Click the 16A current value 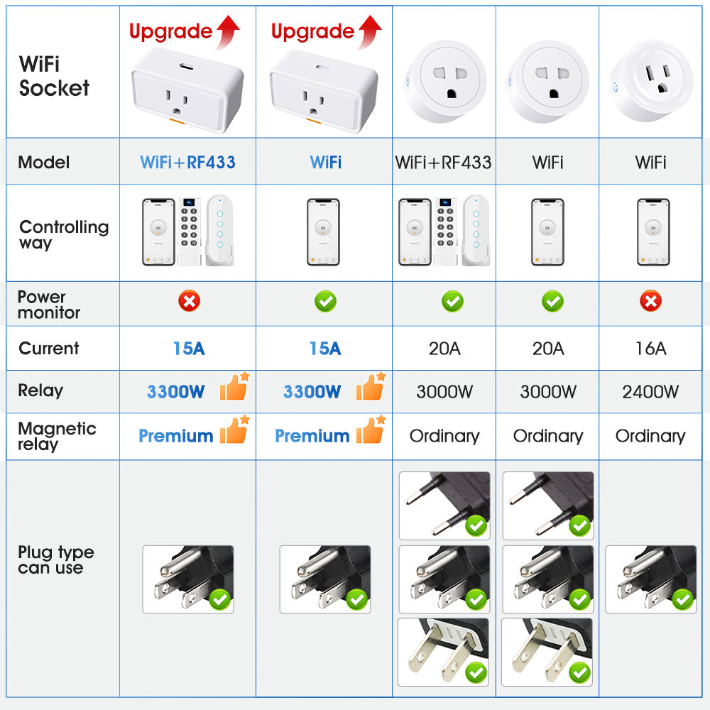pyautogui.click(x=650, y=348)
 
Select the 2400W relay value pyautogui.click(x=650, y=392)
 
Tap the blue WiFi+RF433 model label pyautogui.click(x=187, y=162)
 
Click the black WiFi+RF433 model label pyautogui.click(x=443, y=162)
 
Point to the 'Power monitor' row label pyautogui.click(x=49, y=305)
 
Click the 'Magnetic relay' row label pyautogui.click(x=57, y=436)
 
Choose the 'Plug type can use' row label pyautogui.click(x=55, y=559)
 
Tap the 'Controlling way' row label pyautogui.click(x=64, y=234)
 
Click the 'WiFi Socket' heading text pyautogui.click(x=54, y=76)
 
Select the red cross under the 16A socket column pyautogui.click(x=650, y=301)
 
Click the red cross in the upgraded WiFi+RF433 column pyautogui.click(x=190, y=301)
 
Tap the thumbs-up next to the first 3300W pyautogui.click(x=234, y=387)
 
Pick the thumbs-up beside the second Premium pyautogui.click(x=371, y=430)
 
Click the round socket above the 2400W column pyautogui.click(x=651, y=82)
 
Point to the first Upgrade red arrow pyautogui.click(x=228, y=32)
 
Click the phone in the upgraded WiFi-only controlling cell pyautogui.click(x=323, y=232)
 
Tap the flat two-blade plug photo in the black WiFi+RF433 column pyautogui.click(x=443, y=652)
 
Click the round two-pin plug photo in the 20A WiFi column pyautogui.click(x=548, y=506)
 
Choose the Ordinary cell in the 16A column pyautogui.click(x=650, y=436)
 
